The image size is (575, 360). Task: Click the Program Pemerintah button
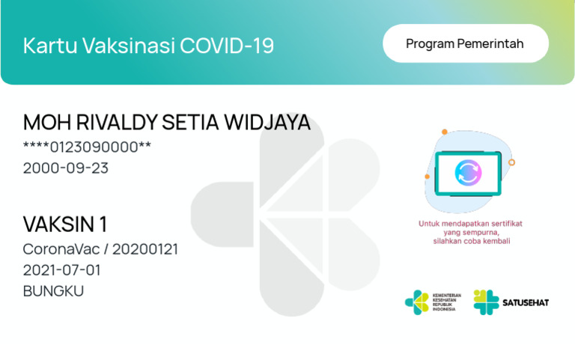coord(465,43)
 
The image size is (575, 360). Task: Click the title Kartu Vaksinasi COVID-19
coord(148,46)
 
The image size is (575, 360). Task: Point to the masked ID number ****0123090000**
coord(87,147)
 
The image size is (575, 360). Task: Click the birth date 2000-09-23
coord(66,168)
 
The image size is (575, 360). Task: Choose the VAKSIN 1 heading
coord(65,224)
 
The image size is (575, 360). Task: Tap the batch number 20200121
coord(145,249)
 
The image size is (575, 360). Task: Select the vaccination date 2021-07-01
coord(61,269)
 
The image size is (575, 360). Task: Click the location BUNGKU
coord(53,290)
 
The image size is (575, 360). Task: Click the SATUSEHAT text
coord(526,302)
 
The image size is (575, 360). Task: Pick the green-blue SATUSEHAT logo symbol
coord(486,302)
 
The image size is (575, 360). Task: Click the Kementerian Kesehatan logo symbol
coord(417,302)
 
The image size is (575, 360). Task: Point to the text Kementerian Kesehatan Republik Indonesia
coord(447,302)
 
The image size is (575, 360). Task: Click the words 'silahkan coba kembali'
coord(470,241)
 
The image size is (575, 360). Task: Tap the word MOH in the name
coord(43,123)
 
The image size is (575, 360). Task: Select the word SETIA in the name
coord(180,123)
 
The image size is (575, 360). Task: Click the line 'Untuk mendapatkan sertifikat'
coord(470,223)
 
